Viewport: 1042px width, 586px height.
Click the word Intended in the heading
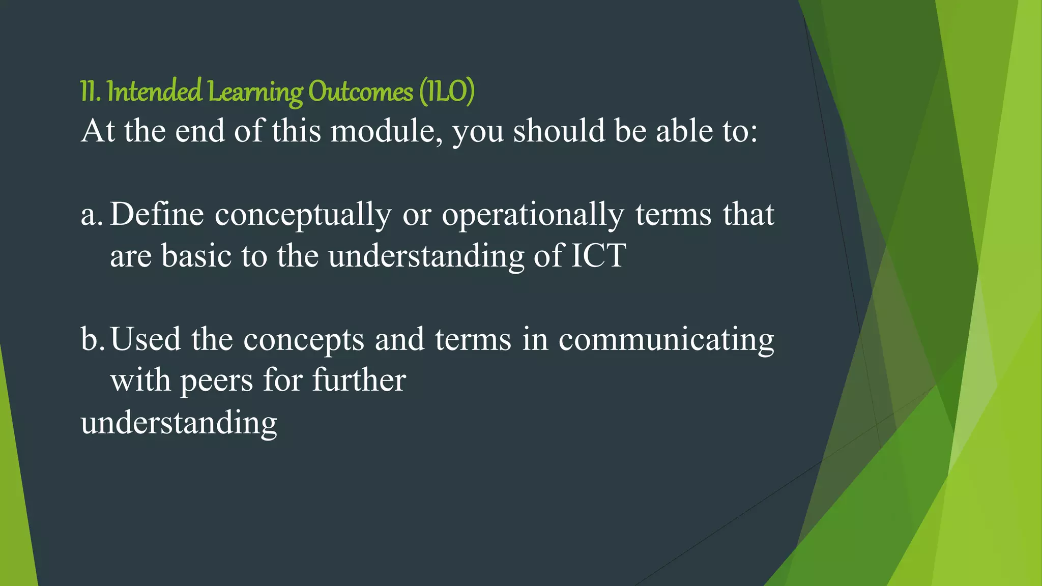(x=154, y=92)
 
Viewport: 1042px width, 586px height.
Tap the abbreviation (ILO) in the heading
(x=447, y=92)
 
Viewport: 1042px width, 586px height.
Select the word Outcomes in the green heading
(x=360, y=92)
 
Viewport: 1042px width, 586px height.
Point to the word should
(x=559, y=131)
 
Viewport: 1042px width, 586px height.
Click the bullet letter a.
(x=90, y=215)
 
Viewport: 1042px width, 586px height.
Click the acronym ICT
(x=598, y=255)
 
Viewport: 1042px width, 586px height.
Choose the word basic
(x=196, y=255)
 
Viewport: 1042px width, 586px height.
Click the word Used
(x=146, y=339)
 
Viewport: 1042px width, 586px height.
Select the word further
(x=359, y=380)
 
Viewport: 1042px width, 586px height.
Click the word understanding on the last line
(x=179, y=423)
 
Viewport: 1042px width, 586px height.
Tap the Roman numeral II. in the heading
(x=90, y=92)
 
